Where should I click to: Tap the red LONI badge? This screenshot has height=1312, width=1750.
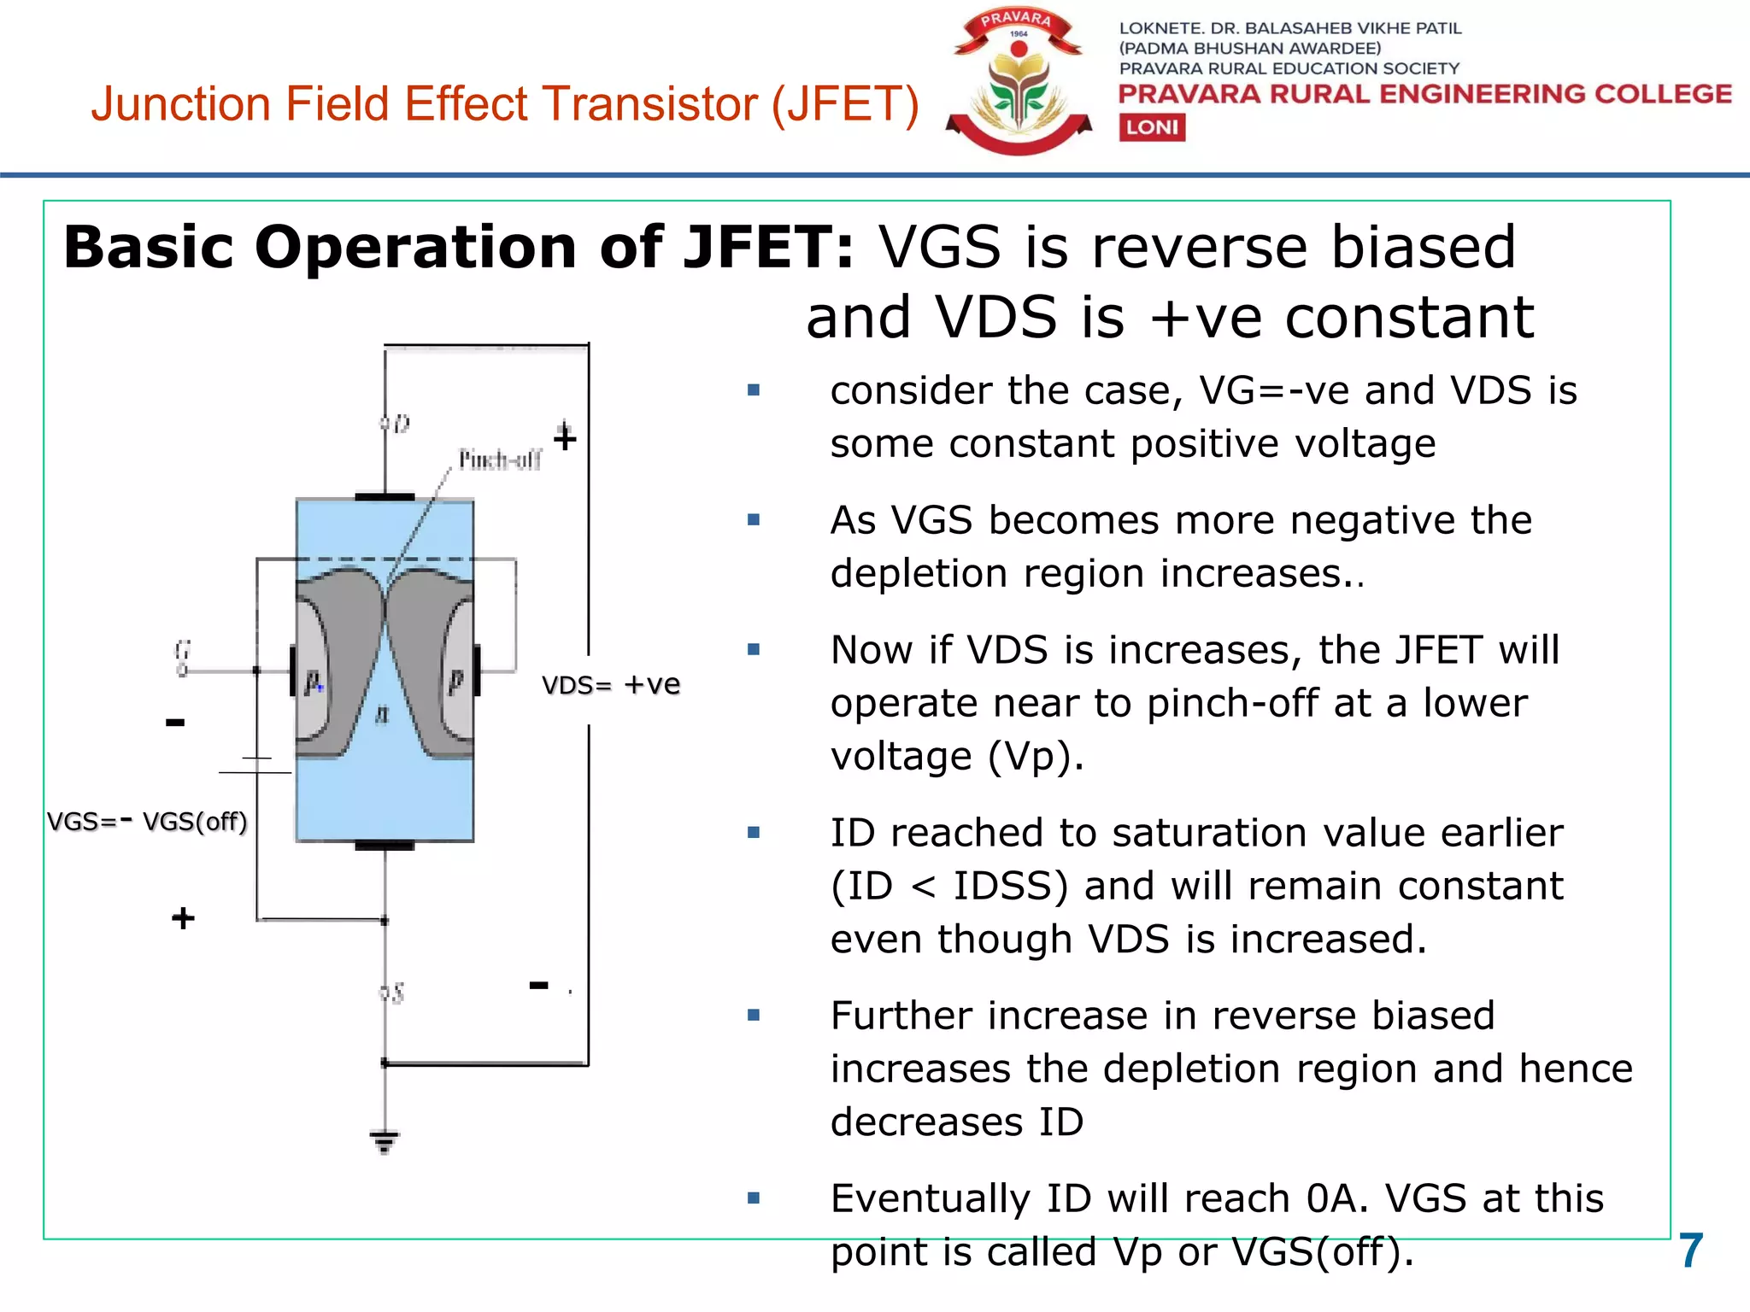(x=1152, y=127)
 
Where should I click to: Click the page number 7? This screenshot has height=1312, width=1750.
(x=1690, y=1251)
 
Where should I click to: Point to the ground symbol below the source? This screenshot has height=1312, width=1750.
(x=385, y=1140)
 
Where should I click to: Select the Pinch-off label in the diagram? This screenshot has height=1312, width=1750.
(x=500, y=460)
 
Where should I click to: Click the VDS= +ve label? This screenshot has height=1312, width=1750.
(x=611, y=685)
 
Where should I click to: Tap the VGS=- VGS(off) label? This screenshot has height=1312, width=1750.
(x=147, y=822)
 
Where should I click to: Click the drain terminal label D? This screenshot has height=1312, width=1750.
(x=400, y=424)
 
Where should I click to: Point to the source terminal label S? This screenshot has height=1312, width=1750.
(x=395, y=993)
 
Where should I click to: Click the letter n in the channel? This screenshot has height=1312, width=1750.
(x=382, y=714)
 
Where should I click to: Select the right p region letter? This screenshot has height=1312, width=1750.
(x=456, y=682)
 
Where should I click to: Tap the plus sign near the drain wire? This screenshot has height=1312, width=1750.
(x=565, y=437)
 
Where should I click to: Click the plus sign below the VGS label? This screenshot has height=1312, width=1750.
(x=183, y=918)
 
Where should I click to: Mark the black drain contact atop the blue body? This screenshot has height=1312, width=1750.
(x=385, y=496)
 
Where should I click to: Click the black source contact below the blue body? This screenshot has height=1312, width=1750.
(x=385, y=846)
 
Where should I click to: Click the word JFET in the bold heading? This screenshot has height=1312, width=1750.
(x=769, y=248)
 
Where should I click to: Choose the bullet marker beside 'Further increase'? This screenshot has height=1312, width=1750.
(x=754, y=1016)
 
